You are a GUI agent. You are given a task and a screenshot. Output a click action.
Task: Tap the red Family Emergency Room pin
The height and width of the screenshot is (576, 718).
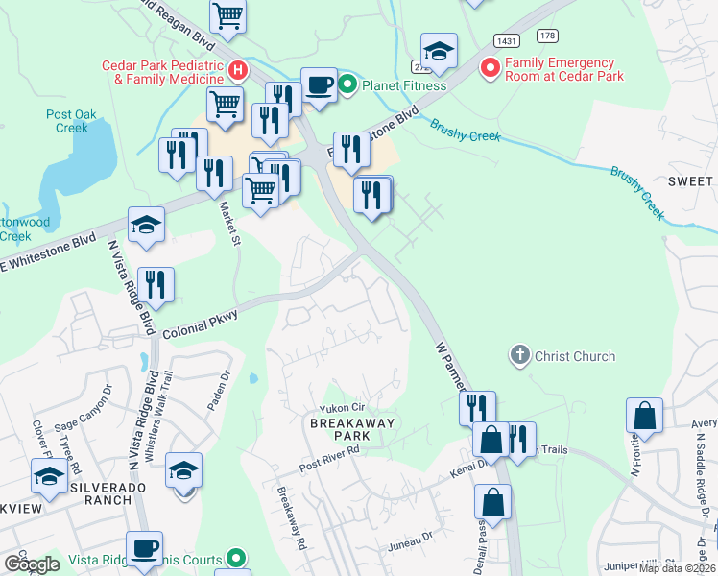tap(491, 68)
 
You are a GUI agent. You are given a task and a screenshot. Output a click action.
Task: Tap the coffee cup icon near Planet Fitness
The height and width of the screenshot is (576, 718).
tap(319, 84)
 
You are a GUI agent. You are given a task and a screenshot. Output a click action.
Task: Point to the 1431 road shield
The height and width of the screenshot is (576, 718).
tap(507, 40)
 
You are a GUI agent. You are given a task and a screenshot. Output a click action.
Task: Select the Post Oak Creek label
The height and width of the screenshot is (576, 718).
tap(72, 121)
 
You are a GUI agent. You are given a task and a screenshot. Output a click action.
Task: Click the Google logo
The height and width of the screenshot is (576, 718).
tap(32, 564)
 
